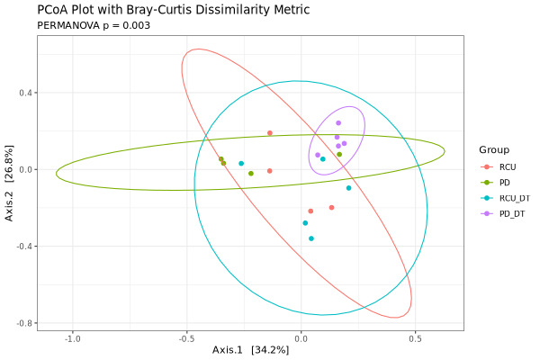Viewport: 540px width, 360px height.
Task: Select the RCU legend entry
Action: coord(508,167)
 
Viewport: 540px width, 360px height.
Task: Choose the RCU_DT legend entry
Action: coord(513,198)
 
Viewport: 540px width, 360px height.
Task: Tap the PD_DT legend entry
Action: coord(510,213)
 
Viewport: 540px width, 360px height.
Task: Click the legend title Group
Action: coord(494,149)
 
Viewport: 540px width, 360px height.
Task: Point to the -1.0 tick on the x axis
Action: coord(73,339)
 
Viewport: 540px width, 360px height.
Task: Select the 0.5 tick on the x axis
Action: coord(415,339)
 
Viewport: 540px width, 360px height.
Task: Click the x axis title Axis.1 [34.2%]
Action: coord(250,350)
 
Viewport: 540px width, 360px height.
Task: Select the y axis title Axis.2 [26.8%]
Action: coord(10,183)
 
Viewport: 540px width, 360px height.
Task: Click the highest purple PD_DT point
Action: coord(338,123)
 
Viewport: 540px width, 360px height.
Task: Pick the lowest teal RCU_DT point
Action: coord(311,238)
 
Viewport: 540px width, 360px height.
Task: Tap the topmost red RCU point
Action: coord(269,133)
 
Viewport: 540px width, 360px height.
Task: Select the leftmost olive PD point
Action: coord(220,159)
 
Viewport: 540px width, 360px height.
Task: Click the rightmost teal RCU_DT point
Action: coord(348,188)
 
